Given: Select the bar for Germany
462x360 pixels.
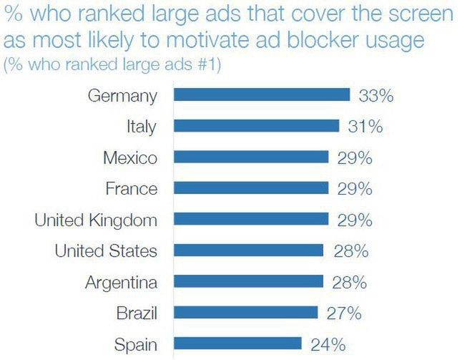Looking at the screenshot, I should [x=262, y=95].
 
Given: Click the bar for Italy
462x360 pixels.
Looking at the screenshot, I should [x=257, y=127].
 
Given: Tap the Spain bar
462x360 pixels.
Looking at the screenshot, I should [x=237, y=344].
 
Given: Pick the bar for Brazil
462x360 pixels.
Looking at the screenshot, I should [x=246, y=313].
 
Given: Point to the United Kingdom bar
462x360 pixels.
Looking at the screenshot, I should [x=251, y=220].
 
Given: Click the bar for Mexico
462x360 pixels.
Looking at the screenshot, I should [x=251, y=157].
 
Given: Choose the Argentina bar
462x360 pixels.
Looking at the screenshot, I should [x=248, y=281].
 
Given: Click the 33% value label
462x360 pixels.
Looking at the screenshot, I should [x=377, y=95].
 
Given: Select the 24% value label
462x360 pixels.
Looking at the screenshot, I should [x=329, y=344].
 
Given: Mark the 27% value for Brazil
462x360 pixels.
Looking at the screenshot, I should [x=344, y=313].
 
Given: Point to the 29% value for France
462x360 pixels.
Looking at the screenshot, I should [x=355, y=189].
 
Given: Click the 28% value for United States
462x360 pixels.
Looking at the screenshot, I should [x=350, y=250].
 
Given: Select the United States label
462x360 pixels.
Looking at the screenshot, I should [x=106, y=250].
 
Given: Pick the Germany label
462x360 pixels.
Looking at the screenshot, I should [x=122, y=95].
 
